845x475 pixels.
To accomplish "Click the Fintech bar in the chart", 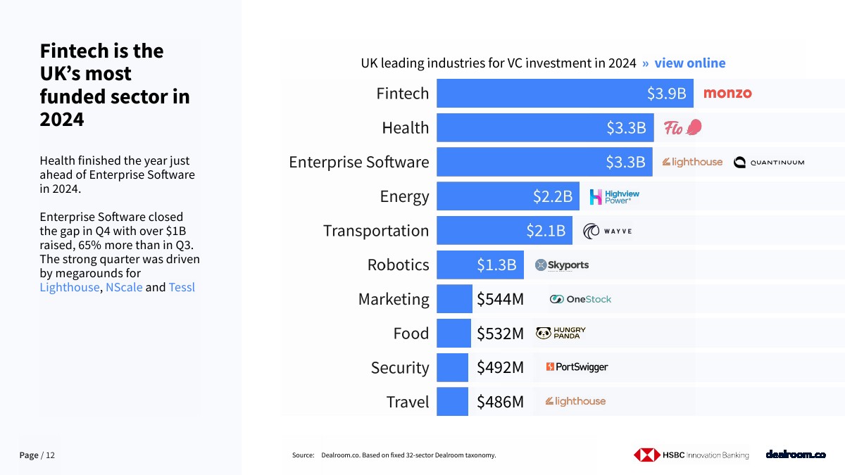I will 563,93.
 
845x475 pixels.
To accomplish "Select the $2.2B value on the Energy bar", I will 553,196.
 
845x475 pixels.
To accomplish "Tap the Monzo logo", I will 727,93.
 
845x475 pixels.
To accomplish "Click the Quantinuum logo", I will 768,163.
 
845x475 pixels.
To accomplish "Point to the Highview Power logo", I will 614,196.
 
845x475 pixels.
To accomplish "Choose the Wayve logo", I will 608,231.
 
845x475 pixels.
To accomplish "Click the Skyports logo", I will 562,265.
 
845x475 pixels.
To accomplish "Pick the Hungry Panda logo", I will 561,333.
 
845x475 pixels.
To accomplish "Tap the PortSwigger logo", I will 577,367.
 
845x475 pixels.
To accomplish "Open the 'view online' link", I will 689,63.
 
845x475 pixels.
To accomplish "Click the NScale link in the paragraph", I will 124,287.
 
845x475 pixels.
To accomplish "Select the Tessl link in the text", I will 182,287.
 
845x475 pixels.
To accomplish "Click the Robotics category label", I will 398,265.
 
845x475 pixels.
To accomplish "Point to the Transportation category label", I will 375,231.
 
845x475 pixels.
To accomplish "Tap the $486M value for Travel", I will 500,402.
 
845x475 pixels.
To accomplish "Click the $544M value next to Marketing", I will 500,299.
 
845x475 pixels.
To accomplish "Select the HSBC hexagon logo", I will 646,455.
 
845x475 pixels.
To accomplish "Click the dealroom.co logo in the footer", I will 796,455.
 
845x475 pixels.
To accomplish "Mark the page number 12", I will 50,455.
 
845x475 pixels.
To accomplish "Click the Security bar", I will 452,367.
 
